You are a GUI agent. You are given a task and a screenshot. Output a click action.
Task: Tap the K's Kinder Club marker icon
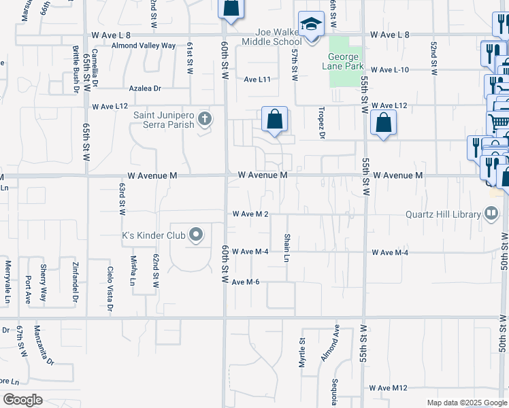[196, 236]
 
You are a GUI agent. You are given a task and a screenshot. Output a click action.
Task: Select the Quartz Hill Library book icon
[491, 214]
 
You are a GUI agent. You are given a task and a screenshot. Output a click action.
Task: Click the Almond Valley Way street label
[144, 46]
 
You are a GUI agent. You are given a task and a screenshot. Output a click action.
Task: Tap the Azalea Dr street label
[145, 88]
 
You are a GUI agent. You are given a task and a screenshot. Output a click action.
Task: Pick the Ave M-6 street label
[246, 282]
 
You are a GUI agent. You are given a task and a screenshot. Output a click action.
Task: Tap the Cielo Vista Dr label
[110, 284]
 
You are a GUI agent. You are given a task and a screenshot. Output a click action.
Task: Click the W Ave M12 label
[389, 388]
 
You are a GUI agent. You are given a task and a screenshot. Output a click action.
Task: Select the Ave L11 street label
[257, 80]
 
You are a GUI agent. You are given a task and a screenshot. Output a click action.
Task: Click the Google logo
[22, 400]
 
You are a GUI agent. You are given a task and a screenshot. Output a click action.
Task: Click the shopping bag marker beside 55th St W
[384, 123]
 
